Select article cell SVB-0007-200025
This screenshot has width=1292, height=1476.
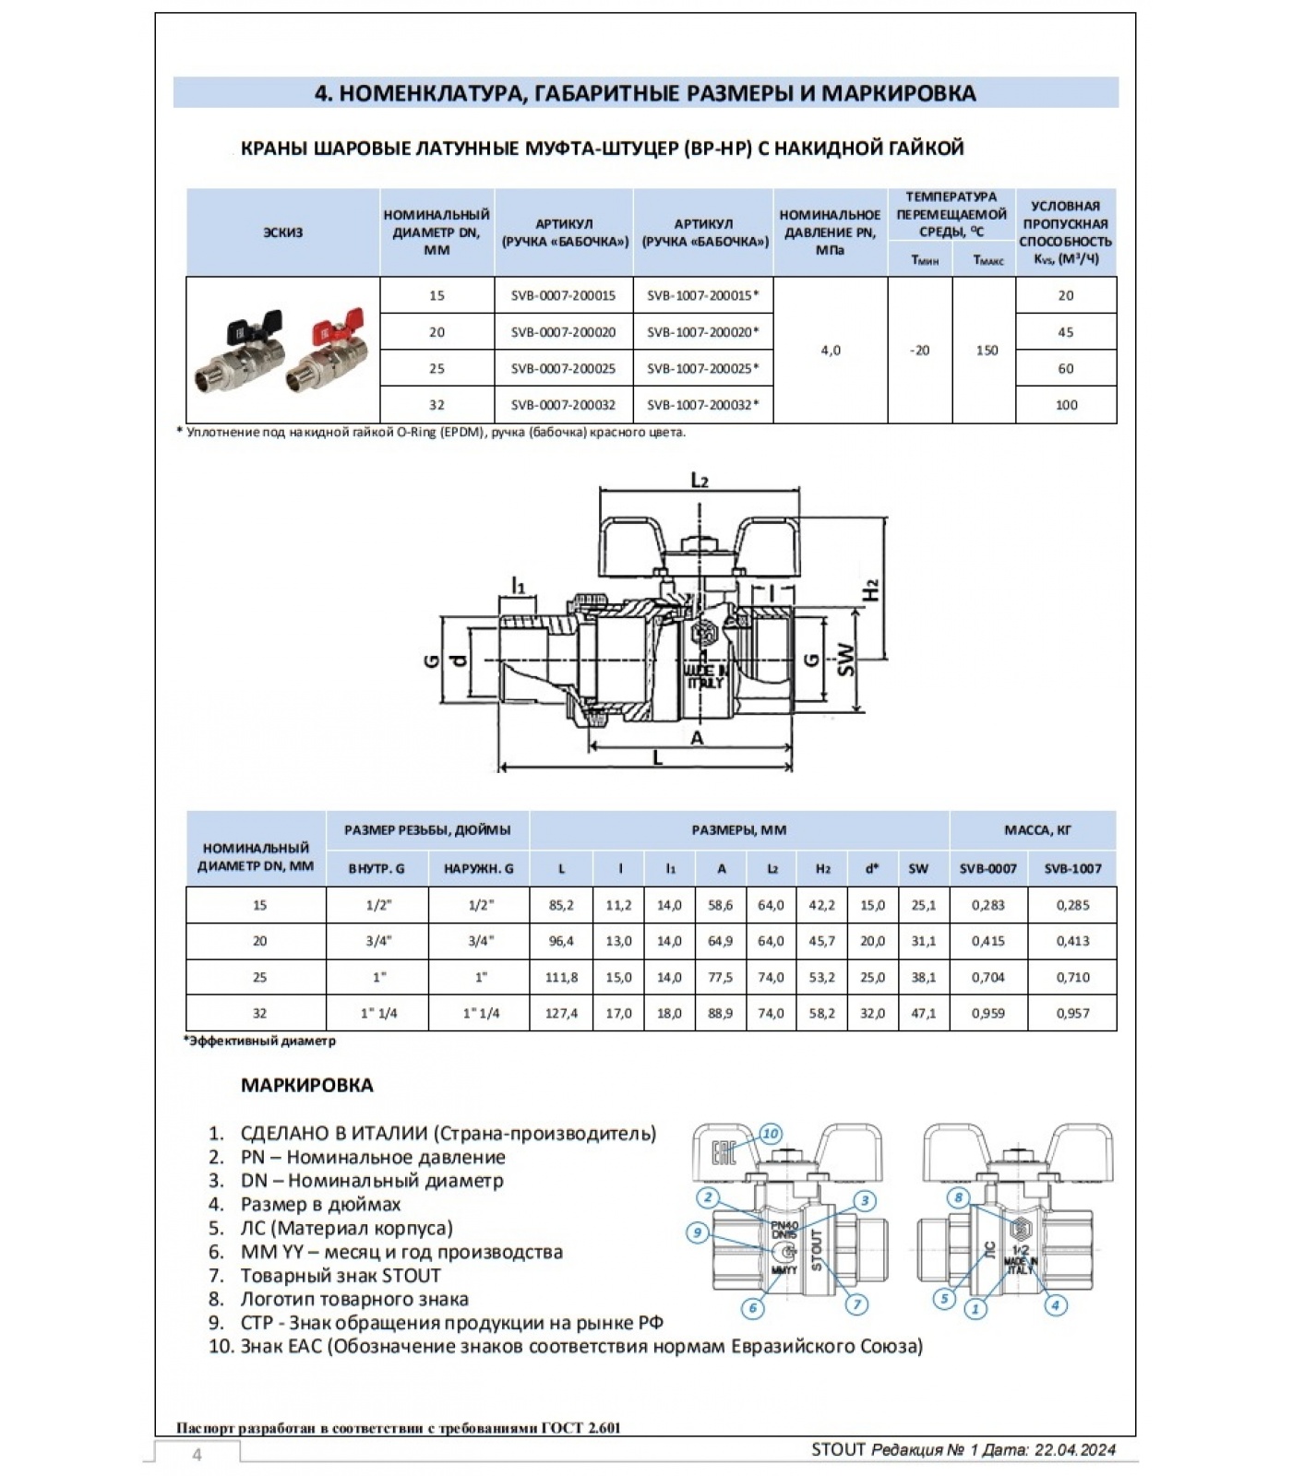point(563,368)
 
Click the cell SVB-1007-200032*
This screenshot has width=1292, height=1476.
point(702,404)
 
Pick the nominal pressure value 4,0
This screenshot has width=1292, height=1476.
point(830,350)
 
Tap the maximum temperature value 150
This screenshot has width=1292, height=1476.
point(987,350)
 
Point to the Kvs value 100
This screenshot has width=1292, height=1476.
point(1066,404)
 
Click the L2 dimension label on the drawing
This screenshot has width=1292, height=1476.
point(700,480)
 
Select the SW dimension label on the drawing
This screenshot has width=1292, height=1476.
point(845,658)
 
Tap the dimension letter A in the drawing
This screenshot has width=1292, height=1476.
point(697,738)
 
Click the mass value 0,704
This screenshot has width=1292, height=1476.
point(987,977)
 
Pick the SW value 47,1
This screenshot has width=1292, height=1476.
point(923,1013)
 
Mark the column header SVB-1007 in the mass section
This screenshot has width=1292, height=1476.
point(1072,868)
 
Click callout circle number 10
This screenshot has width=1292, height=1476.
point(771,1134)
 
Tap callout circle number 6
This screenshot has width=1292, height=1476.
point(753,1307)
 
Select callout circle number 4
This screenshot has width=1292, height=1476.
point(1054,1304)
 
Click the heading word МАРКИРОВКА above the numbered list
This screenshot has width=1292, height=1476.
point(307,1085)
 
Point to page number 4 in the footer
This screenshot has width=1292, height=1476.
point(197,1455)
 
